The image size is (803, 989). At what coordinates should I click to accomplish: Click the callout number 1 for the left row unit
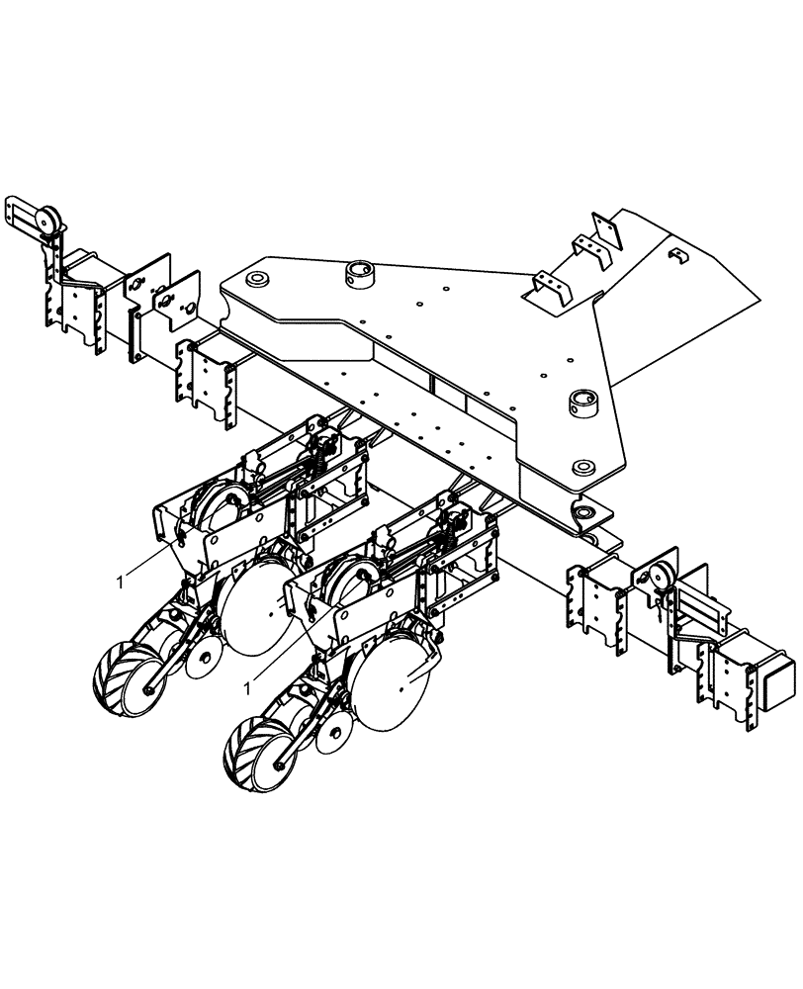[x=121, y=583]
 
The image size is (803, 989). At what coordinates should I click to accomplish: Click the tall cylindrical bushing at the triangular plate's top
[x=357, y=272]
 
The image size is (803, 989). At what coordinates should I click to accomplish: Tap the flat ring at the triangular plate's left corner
[x=258, y=280]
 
